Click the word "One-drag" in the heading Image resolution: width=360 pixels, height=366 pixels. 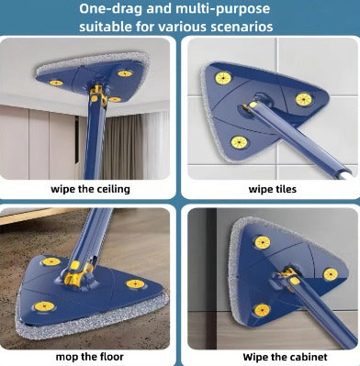click(x=110, y=9)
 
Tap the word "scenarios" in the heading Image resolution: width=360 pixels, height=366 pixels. click(x=242, y=27)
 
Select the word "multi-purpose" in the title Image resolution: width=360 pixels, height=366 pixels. click(x=223, y=9)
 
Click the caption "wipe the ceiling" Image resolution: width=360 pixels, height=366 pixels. click(x=90, y=189)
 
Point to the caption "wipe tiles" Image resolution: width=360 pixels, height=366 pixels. click(x=273, y=189)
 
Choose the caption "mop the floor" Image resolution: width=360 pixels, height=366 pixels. click(x=90, y=357)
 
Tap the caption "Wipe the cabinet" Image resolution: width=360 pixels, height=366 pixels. click(x=285, y=357)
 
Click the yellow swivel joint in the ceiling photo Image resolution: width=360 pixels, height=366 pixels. click(x=98, y=94)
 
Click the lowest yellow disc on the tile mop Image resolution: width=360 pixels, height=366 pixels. click(x=239, y=142)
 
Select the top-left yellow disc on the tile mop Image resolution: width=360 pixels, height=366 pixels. click(x=223, y=78)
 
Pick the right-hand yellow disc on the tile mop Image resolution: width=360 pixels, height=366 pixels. click(x=304, y=99)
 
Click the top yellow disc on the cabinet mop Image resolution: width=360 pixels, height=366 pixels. click(x=263, y=242)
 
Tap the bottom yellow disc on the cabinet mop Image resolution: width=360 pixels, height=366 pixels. click(x=262, y=310)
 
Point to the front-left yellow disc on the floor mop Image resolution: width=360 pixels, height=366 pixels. click(x=44, y=306)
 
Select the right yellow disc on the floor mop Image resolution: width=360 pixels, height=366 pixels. click(x=135, y=283)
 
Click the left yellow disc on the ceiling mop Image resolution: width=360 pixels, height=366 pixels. click(x=56, y=83)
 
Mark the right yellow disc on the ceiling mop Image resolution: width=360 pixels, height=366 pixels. click(x=125, y=73)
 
